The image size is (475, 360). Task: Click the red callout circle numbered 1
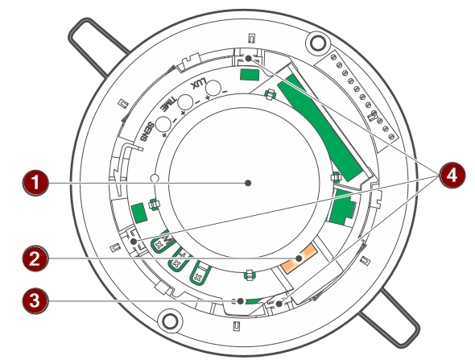(x=35, y=183)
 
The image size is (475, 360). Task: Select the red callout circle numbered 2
(x=35, y=259)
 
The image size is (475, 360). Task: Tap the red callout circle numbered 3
(x=35, y=301)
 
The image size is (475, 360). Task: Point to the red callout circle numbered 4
(x=452, y=175)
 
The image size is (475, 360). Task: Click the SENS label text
(x=147, y=132)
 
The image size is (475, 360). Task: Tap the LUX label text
(x=199, y=84)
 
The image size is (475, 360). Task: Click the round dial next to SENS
(x=163, y=124)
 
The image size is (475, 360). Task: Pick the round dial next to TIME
(x=185, y=101)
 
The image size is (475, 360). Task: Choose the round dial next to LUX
(x=213, y=87)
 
